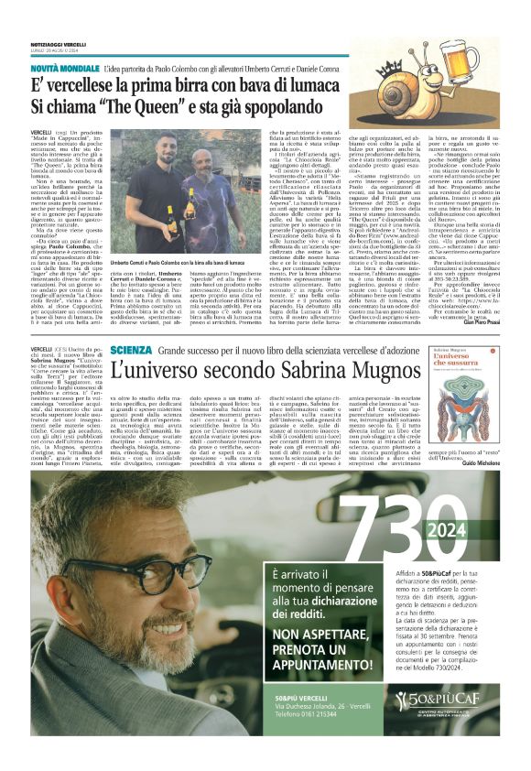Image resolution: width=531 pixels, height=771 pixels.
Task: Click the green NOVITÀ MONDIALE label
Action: click(67, 69)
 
